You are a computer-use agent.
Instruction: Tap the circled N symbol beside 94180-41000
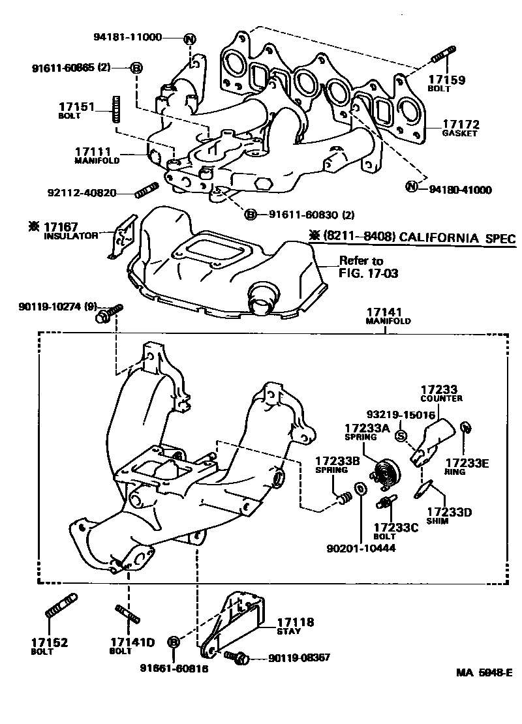tap(411, 189)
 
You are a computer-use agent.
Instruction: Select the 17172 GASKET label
tap(461, 127)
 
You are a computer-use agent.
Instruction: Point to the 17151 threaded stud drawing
tap(116, 108)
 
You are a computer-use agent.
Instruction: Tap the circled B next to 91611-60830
tap(249, 213)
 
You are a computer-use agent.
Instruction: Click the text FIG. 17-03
tap(368, 273)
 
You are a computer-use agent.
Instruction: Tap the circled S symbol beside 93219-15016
tap(401, 436)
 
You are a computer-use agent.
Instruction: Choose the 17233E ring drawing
tap(465, 428)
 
